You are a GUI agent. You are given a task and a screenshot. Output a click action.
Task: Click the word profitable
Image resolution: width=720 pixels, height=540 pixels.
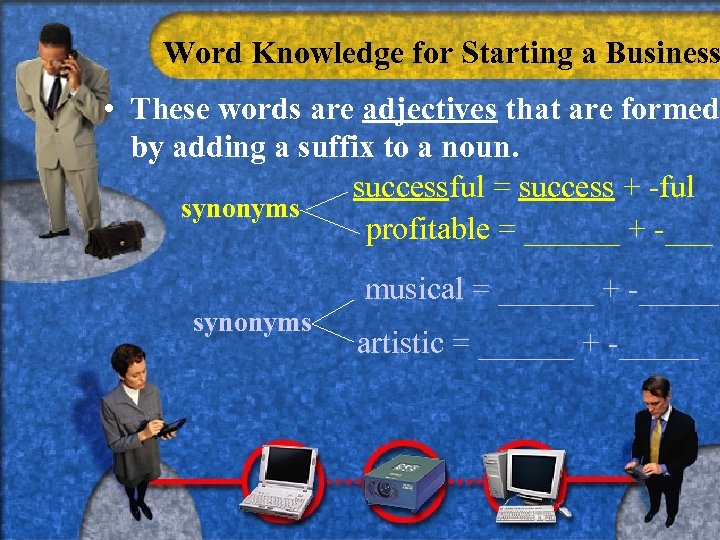[x=427, y=230]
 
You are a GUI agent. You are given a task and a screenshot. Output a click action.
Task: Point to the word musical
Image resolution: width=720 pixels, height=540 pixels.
[x=414, y=290]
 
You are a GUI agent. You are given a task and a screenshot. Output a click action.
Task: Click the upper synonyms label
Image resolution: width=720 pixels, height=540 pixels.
[x=240, y=209]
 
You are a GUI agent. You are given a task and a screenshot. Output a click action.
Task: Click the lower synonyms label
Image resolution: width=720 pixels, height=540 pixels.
[x=252, y=322]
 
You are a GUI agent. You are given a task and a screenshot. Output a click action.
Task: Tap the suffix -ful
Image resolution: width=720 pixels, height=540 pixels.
[x=675, y=187]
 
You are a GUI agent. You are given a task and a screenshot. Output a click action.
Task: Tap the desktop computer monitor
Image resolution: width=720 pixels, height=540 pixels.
[x=536, y=471]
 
